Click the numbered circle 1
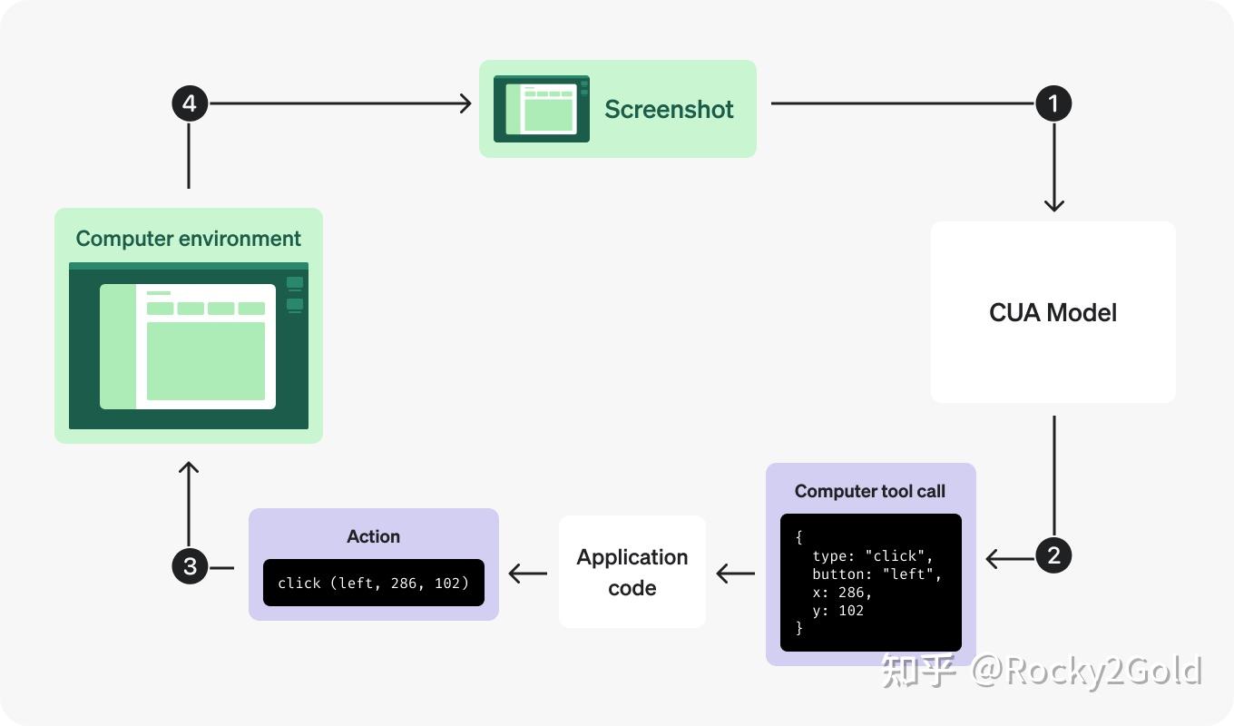coord(1053,103)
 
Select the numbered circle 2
coord(1053,555)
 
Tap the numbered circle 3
coord(190,566)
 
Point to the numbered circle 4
coord(190,103)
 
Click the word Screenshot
coord(669,109)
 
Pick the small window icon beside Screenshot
coord(542,109)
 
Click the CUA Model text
coord(1053,312)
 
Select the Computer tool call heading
coord(869,491)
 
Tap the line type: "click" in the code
coord(872,555)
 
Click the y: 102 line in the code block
coord(837,610)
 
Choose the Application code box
coord(632,572)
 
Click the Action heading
coord(373,536)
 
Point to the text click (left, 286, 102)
coord(373,583)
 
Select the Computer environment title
coord(188,239)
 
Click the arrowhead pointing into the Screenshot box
coord(465,103)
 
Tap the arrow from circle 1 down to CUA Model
coord(1053,172)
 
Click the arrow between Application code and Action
coord(527,574)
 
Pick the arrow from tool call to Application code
coord(735,574)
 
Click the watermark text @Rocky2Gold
coord(1086,672)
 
